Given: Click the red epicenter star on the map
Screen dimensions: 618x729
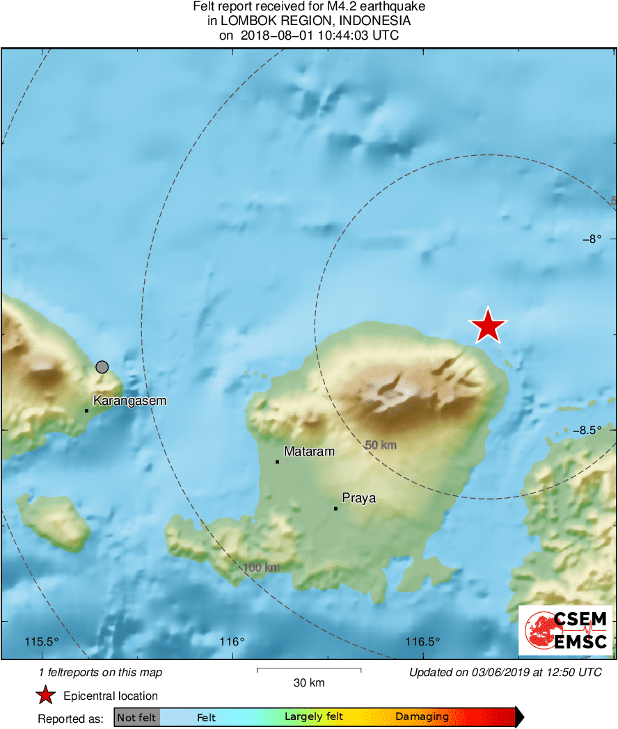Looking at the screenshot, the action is (x=489, y=326).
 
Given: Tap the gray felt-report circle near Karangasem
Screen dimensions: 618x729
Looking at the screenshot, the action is (x=102, y=367).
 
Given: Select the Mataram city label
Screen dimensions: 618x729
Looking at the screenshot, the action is (x=310, y=451).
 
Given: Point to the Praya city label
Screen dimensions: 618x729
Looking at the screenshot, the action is (x=359, y=498).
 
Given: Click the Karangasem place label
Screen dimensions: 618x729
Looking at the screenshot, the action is (x=129, y=401).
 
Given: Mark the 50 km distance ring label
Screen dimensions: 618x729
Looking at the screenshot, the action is (x=381, y=444).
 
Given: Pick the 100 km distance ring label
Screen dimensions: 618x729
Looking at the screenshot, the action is (x=262, y=568).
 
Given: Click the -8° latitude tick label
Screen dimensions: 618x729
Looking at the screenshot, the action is (x=591, y=239).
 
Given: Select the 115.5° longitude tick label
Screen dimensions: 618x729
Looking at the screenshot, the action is (x=42, y=641).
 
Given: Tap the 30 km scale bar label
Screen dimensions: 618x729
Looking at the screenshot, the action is (x=309, y=683).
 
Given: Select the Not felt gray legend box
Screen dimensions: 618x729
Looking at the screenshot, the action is (x=137, y=717).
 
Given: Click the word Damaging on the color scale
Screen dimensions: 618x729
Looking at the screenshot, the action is (x=422, y=717).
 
